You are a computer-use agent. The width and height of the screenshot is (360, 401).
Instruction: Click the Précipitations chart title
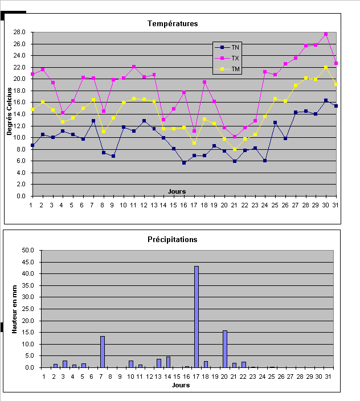pyautogui.click(x=173, y=239)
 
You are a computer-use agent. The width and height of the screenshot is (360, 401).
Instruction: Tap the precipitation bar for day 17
pyautogui.click(x=197, y=317)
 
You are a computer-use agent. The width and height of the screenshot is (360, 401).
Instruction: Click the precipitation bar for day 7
pyautogui.click(x=103, y=352)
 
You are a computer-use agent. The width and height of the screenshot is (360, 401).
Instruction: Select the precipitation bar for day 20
pyautogui.click(x=225, y=349)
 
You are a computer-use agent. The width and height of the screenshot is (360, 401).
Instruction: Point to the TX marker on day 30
pyautogui.click(x=326, y=34)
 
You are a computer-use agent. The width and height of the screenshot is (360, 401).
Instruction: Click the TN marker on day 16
pyautogui.click(x=184, y=163)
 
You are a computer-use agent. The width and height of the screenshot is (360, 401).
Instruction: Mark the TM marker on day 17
pyautogui.click(x=194, y=142)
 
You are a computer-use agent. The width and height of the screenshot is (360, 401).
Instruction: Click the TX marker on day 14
pyautogui.click(x=163, y=120)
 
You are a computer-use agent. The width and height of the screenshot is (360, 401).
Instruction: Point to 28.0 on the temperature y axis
pyautogui.click(x=21, y=32)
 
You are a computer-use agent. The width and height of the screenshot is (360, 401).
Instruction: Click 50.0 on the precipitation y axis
pyautogui.click(x=28, y=250)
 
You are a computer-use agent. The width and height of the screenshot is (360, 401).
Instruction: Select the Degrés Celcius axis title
pyautogui.click(x=10, y=114)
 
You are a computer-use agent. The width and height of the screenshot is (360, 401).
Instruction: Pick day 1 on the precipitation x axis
pyautogui.click(x=43, y=376)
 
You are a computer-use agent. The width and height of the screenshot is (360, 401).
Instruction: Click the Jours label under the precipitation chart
pyautogui.click(x=181, y=385)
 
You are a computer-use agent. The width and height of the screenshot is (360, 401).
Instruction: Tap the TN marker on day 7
pyautogui.click(x=93, y=121)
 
